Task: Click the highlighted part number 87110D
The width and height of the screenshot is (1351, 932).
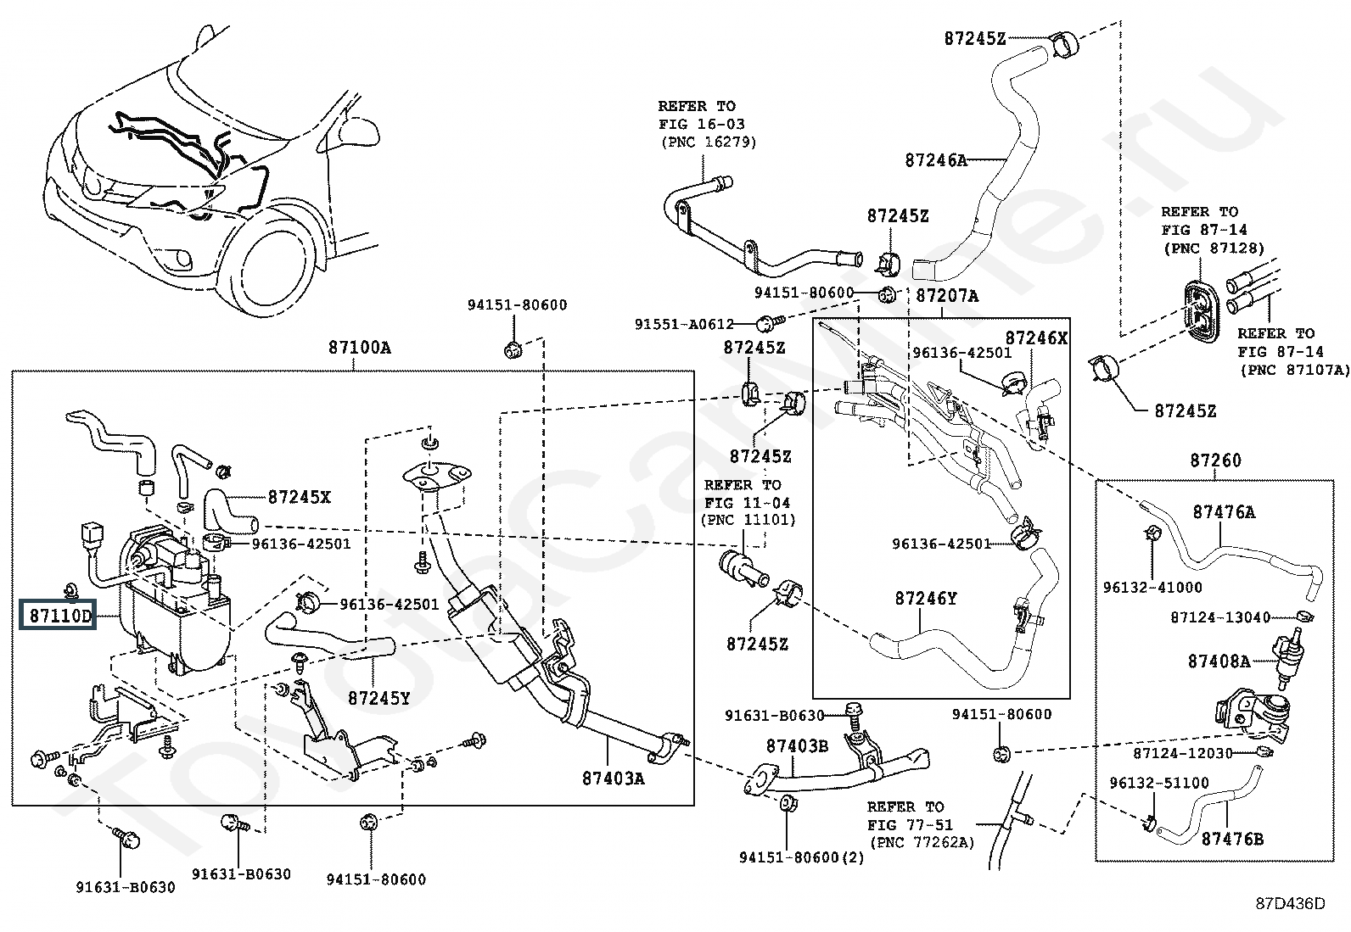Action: [x=59, y=617]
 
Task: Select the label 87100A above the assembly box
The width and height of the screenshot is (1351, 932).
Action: [x=360, y=348]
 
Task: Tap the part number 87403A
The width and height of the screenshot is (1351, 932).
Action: [x=613, y=777]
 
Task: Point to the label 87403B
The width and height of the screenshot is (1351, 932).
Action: [x=797, y=746]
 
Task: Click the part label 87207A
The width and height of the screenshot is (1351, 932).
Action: [x=947, y=296]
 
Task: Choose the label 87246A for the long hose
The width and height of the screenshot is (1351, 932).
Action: [x=935, y=159]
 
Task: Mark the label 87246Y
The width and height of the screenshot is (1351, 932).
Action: [x=925, y=599]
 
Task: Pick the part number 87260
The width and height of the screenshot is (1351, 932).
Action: [x=1215, y=460]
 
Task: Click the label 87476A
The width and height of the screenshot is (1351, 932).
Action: [x=1223, y=512]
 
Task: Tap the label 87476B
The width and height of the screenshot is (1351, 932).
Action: [x=1232, y=839]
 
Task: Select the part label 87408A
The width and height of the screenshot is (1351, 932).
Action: [x=1219, y=661]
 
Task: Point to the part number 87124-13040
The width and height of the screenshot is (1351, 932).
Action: [x=1220, y=617]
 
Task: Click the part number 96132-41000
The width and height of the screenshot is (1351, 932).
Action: [x=1152, y=587]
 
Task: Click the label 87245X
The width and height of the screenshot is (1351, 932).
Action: [x=299, y=497]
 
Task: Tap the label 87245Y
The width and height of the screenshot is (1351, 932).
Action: [x=378, y=698]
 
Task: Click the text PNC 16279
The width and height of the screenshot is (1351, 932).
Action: [x=708, y=142]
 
